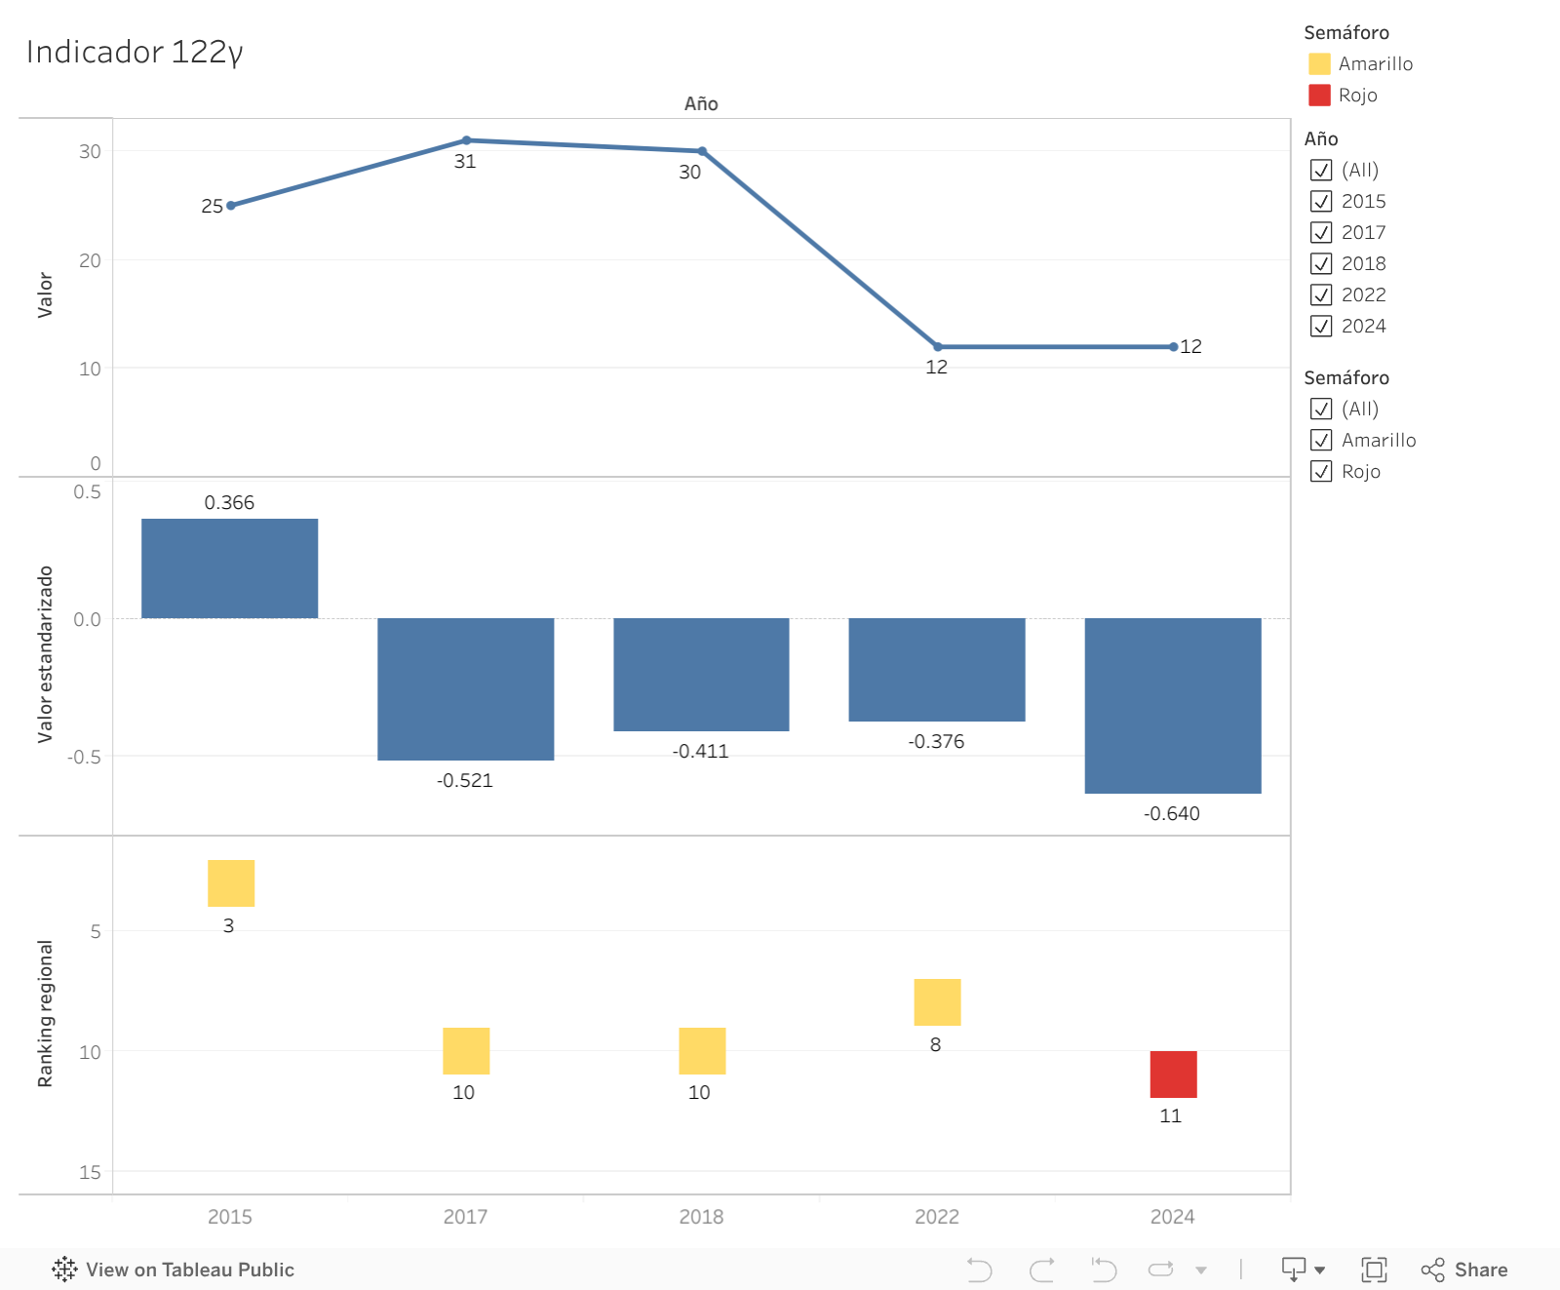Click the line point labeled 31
466,140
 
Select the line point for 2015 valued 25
231,206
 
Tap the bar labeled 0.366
229,568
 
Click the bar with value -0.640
1172,705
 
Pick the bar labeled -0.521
465,688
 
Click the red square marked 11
1173,1074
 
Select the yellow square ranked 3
231,882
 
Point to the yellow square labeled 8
937,1001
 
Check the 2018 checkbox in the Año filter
1321,263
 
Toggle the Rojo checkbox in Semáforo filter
1321,471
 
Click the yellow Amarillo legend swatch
1319,63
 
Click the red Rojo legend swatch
1319,95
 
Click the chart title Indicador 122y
135,52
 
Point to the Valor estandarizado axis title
45,654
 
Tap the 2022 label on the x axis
936,1216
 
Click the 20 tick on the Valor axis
90,260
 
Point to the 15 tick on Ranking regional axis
90,1172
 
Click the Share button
1464,1270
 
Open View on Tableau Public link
174,1270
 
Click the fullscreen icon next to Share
1374,1270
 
